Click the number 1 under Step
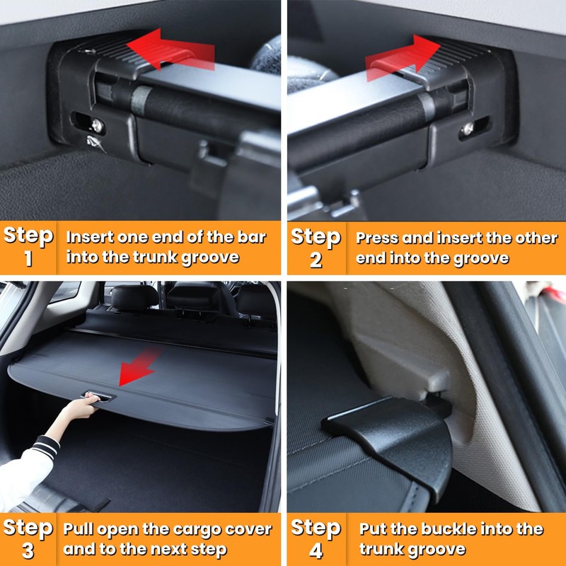[28, 259]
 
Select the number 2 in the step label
[316, 260]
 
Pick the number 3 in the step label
[28, 550]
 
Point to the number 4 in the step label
[316, 550]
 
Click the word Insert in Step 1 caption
[89, 237]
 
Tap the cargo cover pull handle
[99, 398]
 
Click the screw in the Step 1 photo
[97, 125]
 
